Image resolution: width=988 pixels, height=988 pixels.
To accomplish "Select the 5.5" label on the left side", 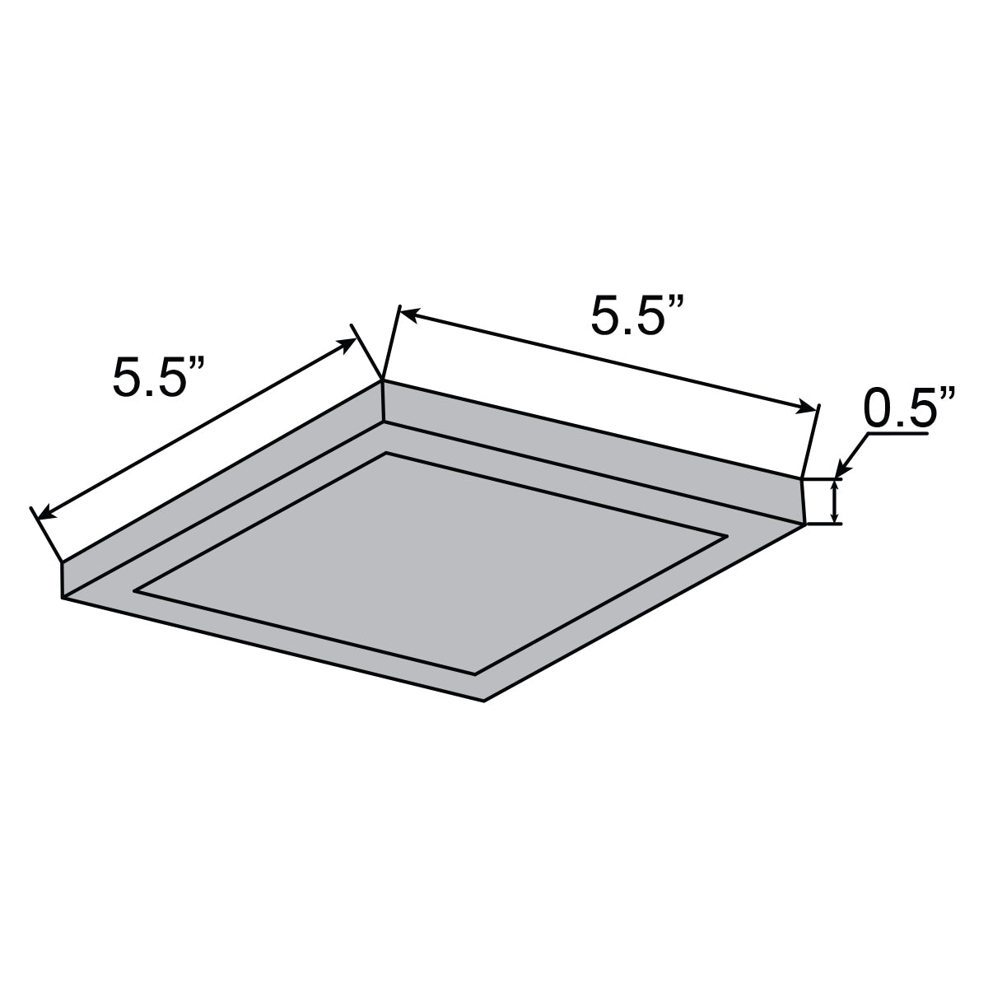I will (x=159, y=379).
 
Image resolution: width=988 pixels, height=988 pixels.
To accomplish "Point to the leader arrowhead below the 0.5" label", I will (x=841, y=470).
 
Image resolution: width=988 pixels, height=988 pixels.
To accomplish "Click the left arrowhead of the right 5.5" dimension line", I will (x=408, y=314).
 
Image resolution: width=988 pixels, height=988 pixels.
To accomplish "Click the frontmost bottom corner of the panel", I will (x=484, y=701).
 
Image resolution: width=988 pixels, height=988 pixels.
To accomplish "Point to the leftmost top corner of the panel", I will (x=62, y=562).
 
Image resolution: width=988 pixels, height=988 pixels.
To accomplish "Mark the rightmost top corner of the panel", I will (x=802, y=478).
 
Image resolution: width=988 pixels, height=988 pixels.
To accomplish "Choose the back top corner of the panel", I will (x=383, y=380).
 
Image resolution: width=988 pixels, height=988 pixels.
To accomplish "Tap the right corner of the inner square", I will (x=727, y=537).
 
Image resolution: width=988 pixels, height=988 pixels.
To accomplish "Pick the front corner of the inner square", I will (x=475, y=674).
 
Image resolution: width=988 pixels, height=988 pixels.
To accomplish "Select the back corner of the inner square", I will (x=386, y=453).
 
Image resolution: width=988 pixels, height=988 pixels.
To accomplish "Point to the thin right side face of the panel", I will (x=593, y=450).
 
